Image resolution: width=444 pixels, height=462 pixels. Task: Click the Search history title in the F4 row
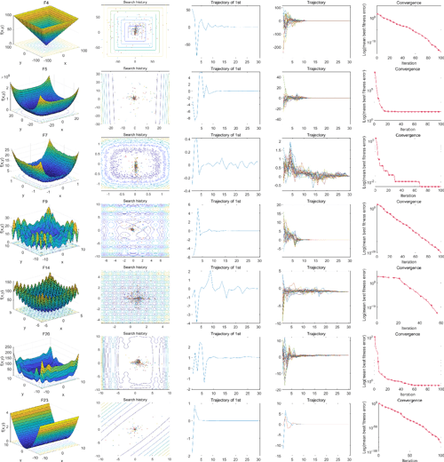(x=136, y=4)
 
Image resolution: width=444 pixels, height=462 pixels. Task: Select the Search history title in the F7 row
(x=136, y=135)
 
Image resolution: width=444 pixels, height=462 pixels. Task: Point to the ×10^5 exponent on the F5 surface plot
(x=13, y=74)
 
